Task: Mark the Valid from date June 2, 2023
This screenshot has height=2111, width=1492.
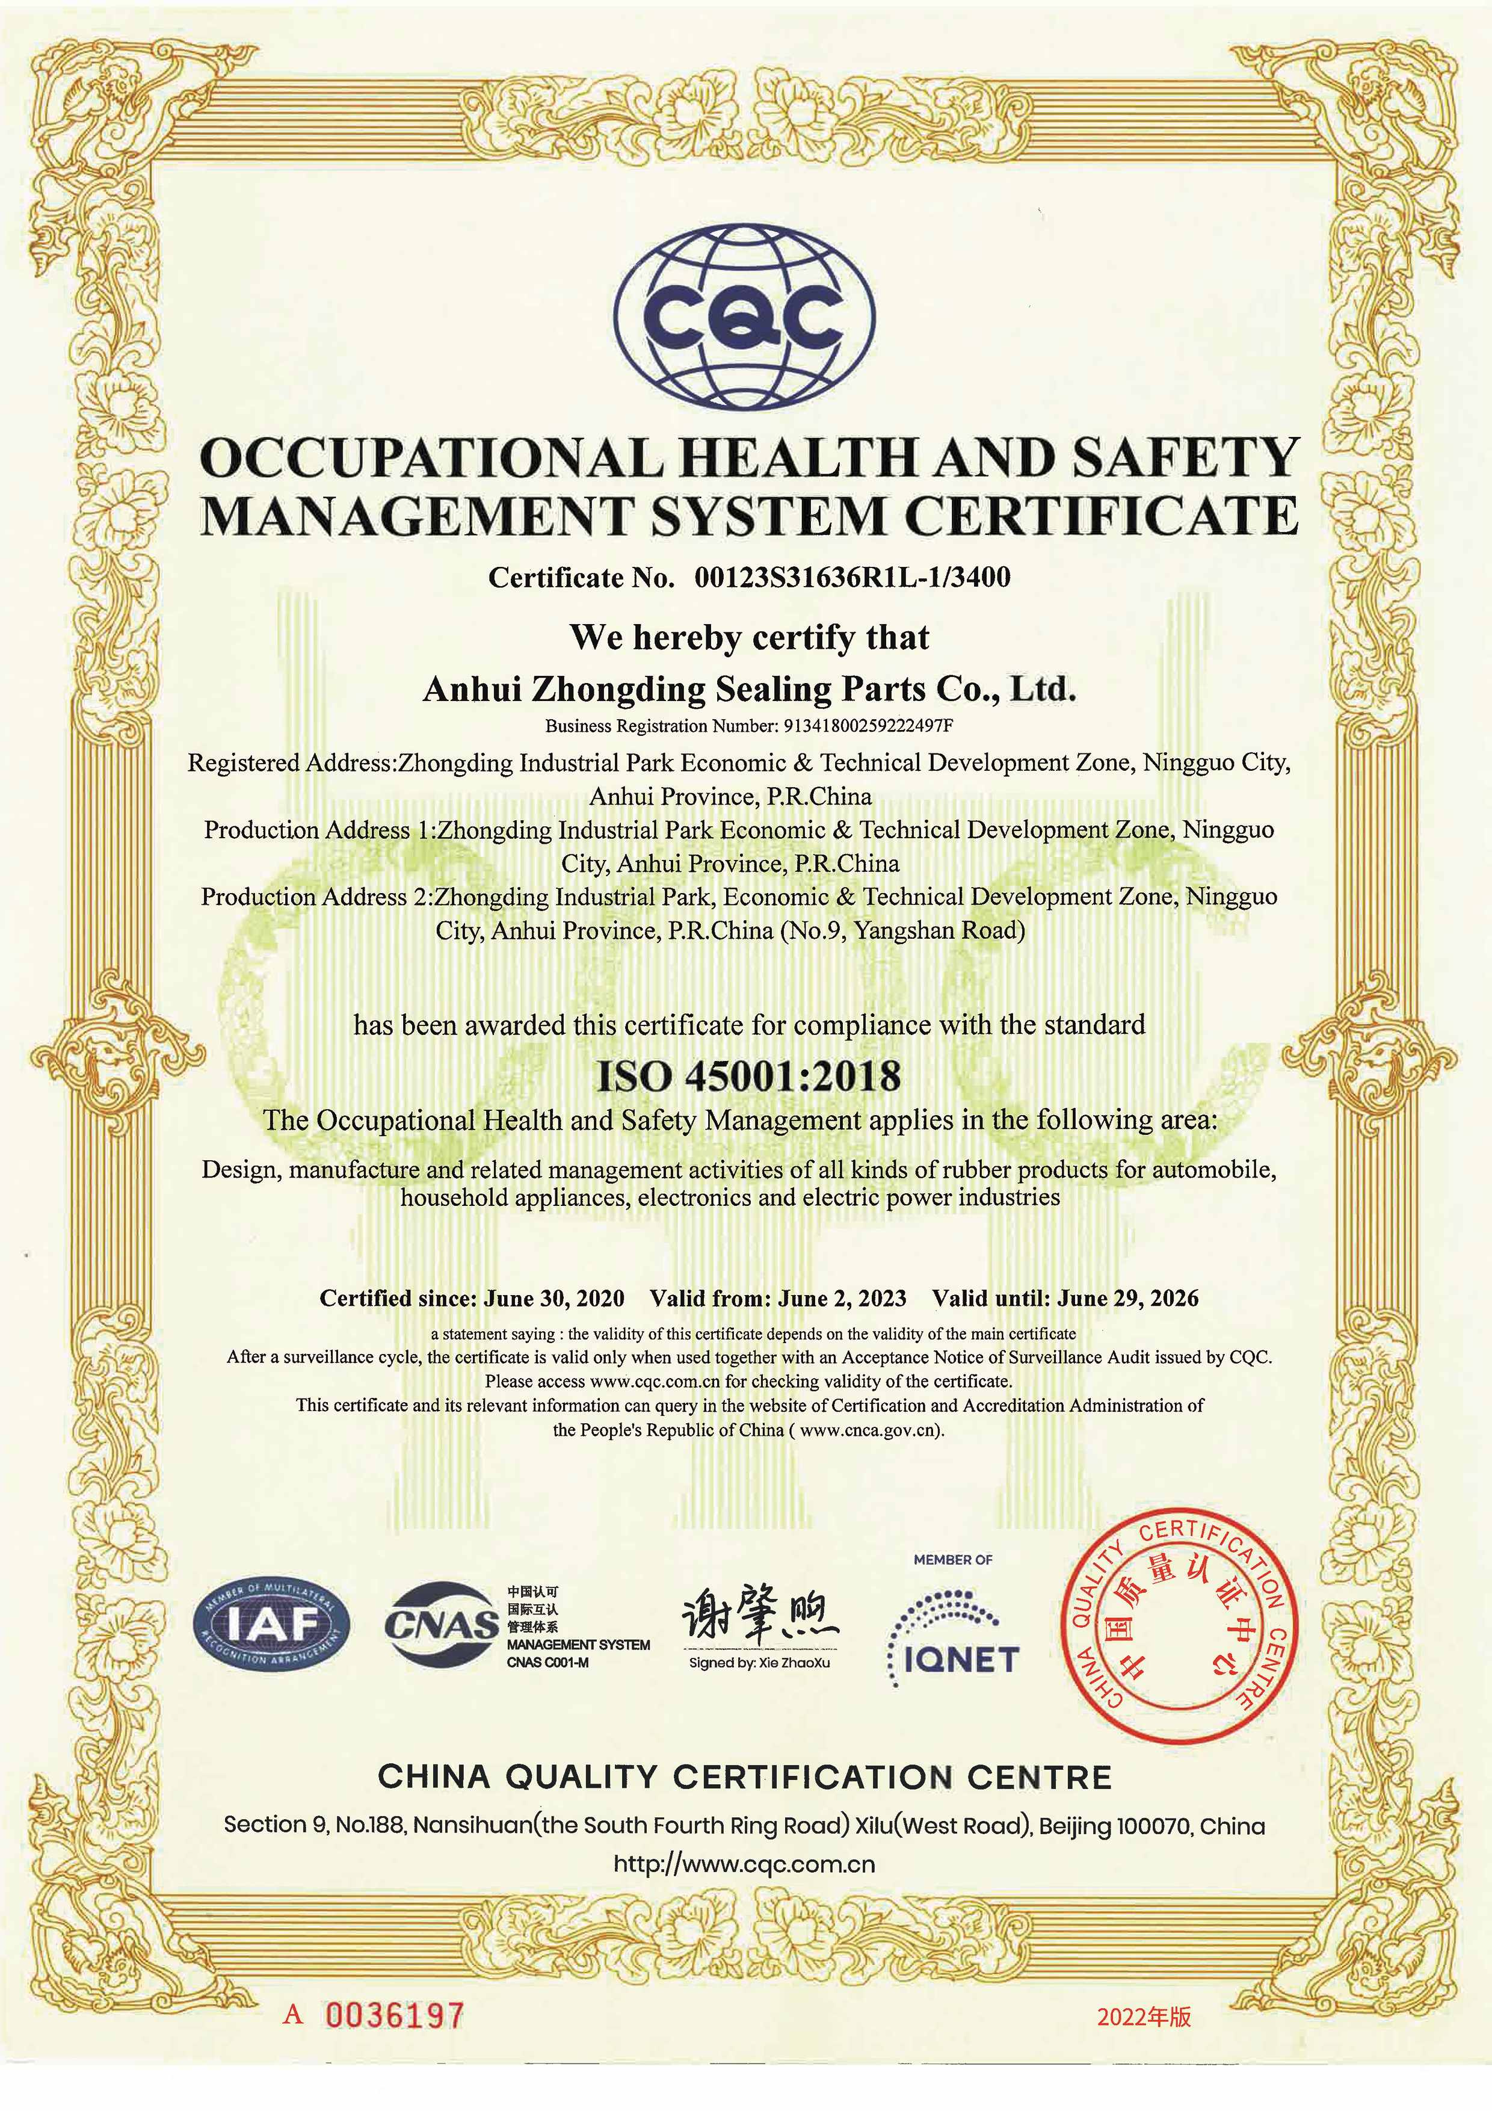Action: (x=841, y=1298)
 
